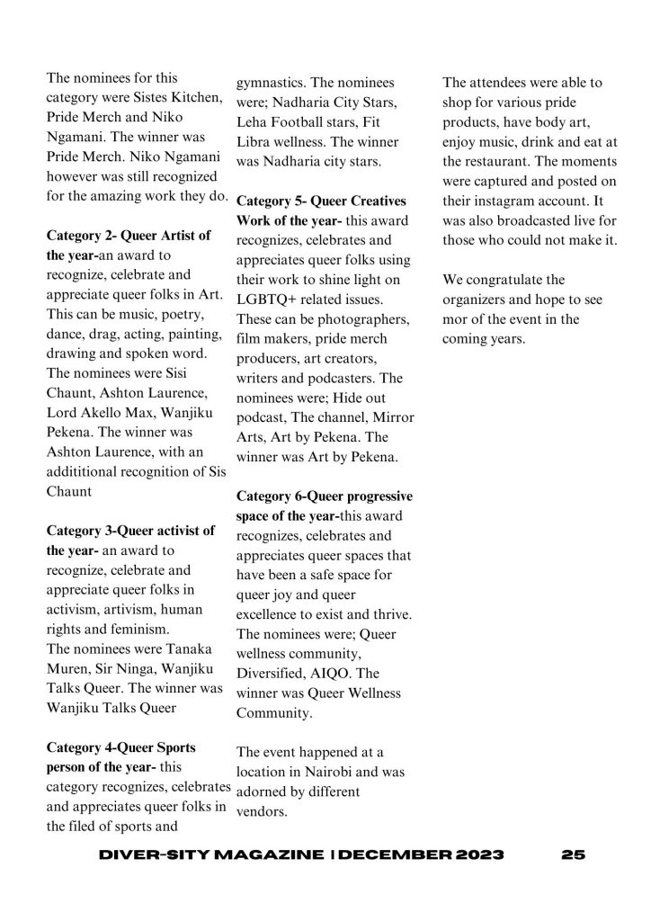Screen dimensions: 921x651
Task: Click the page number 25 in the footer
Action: point(572,854)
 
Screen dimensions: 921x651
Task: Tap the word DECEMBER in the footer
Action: point(395,854)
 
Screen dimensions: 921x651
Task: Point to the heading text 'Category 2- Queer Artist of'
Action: point(129,236)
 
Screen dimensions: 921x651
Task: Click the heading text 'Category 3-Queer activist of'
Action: point(130,530)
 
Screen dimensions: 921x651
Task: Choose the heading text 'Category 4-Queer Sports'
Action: point(120,747)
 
